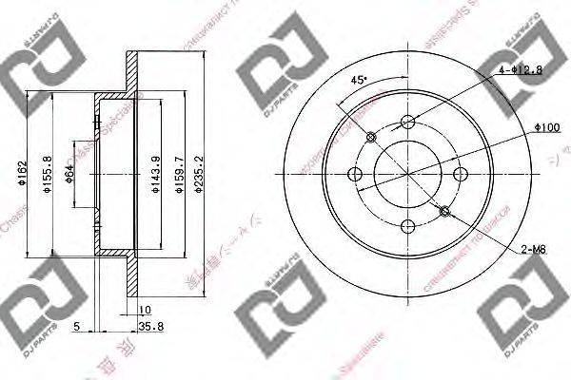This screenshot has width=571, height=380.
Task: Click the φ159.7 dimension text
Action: click(177, 175)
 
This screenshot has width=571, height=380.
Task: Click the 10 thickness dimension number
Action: click(144, 309)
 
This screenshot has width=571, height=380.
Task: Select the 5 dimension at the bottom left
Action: click(76, 328)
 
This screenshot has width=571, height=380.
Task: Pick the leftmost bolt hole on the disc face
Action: click(357, 174)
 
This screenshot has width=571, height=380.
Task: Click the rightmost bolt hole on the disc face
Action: click(461, 174)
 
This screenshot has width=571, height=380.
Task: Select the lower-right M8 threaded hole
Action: click(445, 210)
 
